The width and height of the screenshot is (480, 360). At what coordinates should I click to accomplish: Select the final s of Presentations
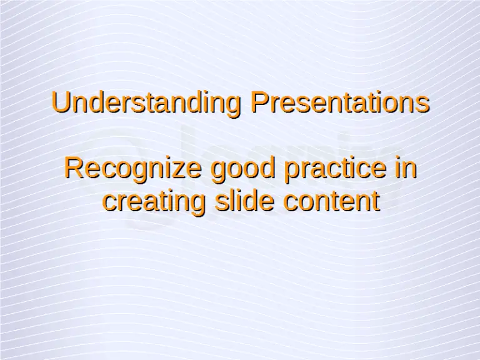423,104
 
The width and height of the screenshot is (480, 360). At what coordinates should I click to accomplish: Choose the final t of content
376,202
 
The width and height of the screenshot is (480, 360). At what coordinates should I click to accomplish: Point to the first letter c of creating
109,203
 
